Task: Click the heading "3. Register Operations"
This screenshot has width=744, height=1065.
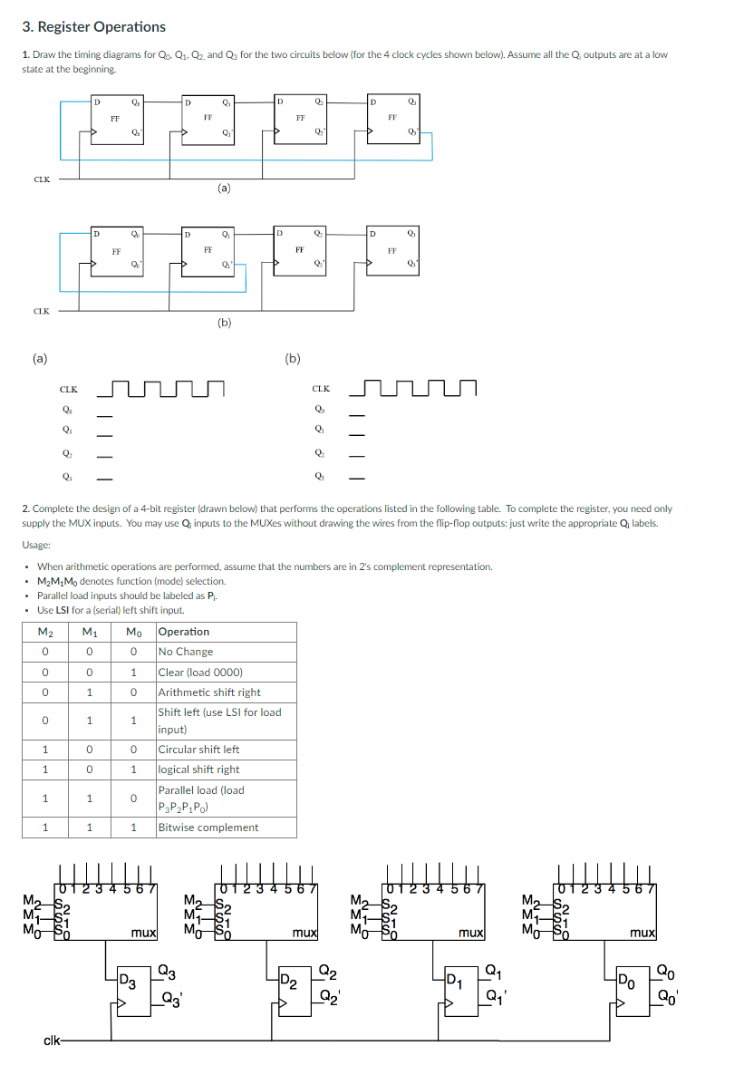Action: tap(94, 27)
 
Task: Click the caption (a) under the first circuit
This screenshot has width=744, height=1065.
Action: tap(224, 189)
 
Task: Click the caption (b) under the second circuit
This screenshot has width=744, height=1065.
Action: tap(224, 321)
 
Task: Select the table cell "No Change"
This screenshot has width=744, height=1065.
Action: tap(186, 652)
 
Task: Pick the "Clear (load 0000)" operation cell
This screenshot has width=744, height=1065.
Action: tap(200, 673)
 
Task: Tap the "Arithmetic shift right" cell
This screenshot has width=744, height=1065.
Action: tap(209, 692)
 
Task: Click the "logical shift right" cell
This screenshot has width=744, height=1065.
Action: tap(198, 770)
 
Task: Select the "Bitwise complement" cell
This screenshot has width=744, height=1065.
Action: tap(208, 828)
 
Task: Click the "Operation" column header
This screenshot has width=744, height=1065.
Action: tap(184, 632)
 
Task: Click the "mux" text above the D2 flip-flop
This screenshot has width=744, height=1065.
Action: tap(304, 932)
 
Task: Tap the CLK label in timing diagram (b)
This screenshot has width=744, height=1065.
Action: tap(320, 390)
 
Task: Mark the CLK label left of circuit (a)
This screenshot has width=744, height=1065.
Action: tap(42, 179)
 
